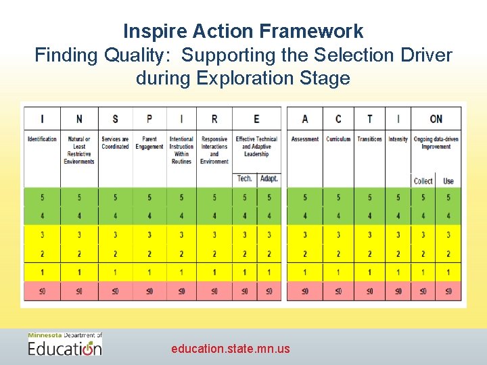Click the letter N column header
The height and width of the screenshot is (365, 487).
pos(79,118)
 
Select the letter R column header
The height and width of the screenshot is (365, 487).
pos(214,118)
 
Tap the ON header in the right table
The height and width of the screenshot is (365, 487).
pos(436,118)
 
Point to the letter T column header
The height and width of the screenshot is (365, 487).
pos(369,118)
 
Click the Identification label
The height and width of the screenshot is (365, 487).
pos(42,139)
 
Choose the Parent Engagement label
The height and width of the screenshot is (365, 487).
pos(149,143)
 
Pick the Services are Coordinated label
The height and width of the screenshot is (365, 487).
pos(115,143)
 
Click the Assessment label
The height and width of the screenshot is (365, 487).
pos(304,139)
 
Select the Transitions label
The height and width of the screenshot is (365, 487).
pos(369,139)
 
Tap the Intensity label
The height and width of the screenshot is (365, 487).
pos(398,139)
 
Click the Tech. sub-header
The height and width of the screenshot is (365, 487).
pos(245,179)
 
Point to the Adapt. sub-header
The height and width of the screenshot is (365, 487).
pos(269,179)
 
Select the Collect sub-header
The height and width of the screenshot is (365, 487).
pos(423,180)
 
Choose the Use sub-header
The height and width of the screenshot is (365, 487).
pos(448,180)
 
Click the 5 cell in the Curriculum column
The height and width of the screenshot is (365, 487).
pos(338,197)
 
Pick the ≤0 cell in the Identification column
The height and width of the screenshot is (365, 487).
pos(42,291)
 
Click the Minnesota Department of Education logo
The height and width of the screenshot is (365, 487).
pos(65,345)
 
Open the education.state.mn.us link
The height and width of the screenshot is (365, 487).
pos(230,349)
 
